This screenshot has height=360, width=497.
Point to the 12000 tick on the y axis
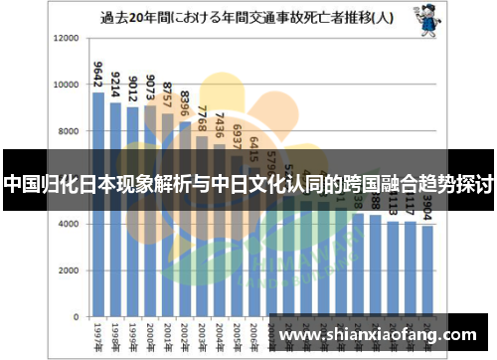coord(65,38)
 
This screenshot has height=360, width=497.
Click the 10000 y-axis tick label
coord(65,85)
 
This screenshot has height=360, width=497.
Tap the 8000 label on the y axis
coord(68,131)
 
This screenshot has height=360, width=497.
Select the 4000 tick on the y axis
coord(68,225)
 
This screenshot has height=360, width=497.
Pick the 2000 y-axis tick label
coord(68,271)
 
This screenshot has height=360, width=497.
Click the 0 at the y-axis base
coord(76,318)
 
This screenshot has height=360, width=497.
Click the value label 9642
coord(97,77)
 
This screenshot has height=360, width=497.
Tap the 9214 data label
coord(115,81)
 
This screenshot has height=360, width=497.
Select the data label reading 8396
coord(185,99)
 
